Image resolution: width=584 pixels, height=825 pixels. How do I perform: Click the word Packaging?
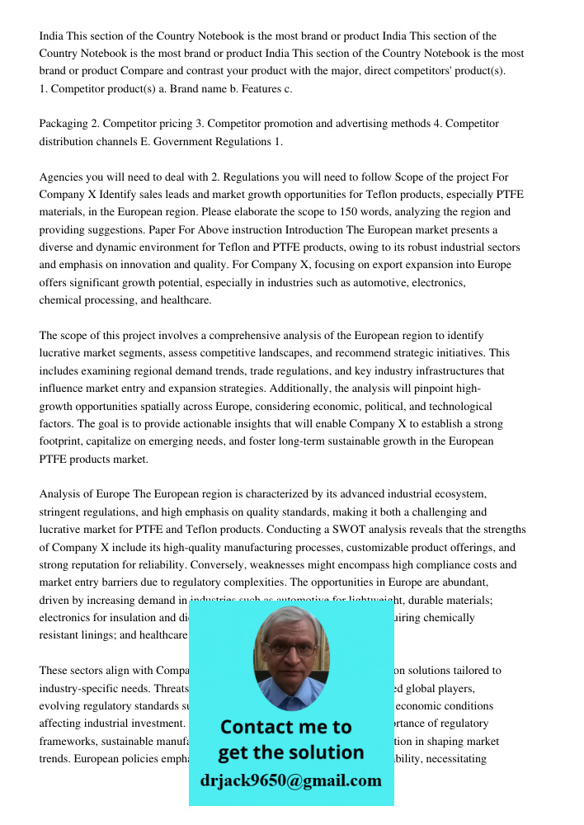pyautogui.click(x=64, y=124)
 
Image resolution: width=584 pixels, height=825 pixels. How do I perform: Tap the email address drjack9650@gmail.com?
pyautogui.click(x=291, y=780)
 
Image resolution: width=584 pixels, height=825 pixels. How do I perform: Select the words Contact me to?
pyautogui.click(x=286, y=727)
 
